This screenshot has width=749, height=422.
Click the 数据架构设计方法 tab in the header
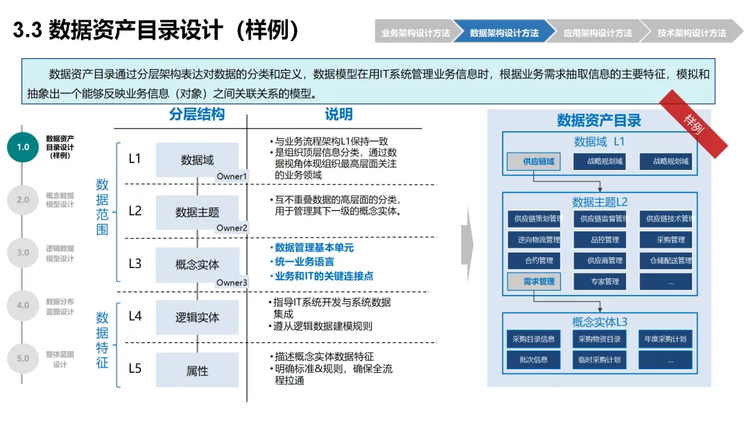(x=504, y=33)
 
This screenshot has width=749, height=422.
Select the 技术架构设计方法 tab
(x=691, y=33)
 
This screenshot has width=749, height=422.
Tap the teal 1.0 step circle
(x=23, y=146)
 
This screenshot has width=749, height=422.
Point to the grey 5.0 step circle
(x=23, y=358)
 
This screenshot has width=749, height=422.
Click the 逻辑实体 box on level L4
(x=197, y=317)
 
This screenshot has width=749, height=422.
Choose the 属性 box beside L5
(x=197, y=371)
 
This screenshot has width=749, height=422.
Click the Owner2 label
(x=232, y=228)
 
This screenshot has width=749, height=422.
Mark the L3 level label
(x=135, y=264)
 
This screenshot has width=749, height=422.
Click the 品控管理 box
(x=599, y=240)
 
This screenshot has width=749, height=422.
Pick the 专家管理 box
(x=599, y=282)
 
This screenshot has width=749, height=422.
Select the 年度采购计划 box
(x=666, y=339)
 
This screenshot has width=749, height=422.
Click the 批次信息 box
(x=533, y=360)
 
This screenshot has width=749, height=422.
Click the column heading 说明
(x=338, y=115)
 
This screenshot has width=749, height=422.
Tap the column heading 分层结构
(x=197, y=115)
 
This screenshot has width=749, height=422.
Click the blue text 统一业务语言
(x=304, y=262)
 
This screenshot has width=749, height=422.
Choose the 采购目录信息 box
(x=533, y=339)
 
